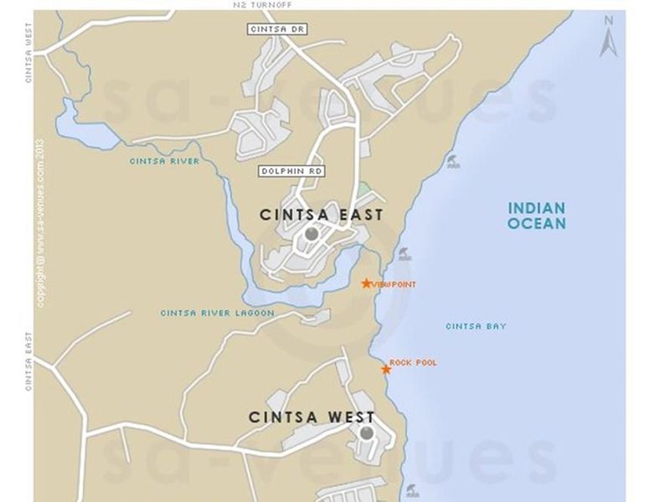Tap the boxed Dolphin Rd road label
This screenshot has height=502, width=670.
coord(291,171)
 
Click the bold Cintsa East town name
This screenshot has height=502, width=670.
coord(322,215)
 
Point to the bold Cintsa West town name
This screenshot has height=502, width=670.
coord(312,417)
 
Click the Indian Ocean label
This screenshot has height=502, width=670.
coord(537,215)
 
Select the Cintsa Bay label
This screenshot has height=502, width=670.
coord(476,326)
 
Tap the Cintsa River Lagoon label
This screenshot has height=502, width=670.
coord(217,313)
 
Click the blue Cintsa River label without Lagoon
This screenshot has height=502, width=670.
coord(164,161)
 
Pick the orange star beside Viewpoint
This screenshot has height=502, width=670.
coord(366,284)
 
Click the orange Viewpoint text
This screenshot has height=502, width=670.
coord(394,284)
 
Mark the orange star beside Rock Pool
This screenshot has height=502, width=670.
coord(386,369)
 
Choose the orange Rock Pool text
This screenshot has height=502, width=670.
coord(413,362)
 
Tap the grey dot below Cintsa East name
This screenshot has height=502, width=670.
coord(312,234)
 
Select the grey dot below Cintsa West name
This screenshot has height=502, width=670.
coord(366,433)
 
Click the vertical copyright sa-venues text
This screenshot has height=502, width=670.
coord(39,223)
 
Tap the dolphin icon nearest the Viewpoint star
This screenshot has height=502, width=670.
coord(405,254)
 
